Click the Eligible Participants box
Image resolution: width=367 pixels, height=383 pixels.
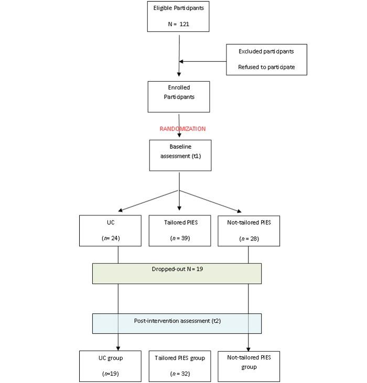coord(179,16)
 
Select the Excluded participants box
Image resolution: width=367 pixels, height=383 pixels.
coord(266,59)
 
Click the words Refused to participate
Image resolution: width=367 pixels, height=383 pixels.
coord(266,67)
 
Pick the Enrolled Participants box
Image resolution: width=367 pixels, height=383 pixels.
coord(179,96)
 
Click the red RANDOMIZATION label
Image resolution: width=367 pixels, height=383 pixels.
coord(182,129)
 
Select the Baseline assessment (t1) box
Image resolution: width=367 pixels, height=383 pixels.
coord(180,155)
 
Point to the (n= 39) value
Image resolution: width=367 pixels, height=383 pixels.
coord(180,238)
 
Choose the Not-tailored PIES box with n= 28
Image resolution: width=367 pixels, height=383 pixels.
coord(249,231)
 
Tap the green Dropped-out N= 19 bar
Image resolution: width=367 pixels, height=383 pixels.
coord(177,273)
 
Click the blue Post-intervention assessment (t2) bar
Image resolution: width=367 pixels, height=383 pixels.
coord(177,323)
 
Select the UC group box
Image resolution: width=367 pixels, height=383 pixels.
coord(110,366)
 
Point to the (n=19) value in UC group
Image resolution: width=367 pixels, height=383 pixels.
coord(110,374)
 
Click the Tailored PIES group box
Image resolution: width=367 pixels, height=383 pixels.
coord(180,366)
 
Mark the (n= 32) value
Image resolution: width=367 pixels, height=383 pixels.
coord(180,374)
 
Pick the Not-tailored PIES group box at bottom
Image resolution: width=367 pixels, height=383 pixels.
coord(249,366)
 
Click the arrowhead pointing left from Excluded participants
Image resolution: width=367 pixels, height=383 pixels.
coord(181,61)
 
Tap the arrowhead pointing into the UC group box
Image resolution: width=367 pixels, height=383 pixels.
coord(118,348)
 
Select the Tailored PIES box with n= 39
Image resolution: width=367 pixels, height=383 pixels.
coord(180,231)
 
